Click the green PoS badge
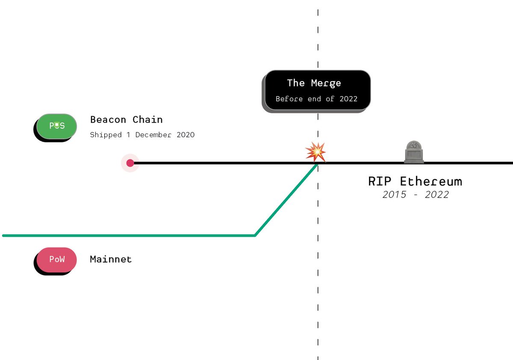(x=57, y=126)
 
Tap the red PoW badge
(x=57, y=260)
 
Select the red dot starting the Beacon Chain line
(x=130, y=163)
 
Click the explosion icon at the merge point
(x=315, y=152)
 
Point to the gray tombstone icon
(x=414, y=152)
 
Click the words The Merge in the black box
(x=314, y=83)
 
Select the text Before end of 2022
(x=316, y=99)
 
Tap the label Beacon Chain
(x=126, y=120)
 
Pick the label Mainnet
(x=111, y=259)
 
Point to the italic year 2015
(x=394, y=195)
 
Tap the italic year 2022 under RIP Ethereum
(x=437, y=195)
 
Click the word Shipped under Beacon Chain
(x=106, y=135)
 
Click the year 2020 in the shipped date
(x=186, y=135)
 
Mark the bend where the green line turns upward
(x=255, y=235)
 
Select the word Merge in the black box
(x=326, y=83)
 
